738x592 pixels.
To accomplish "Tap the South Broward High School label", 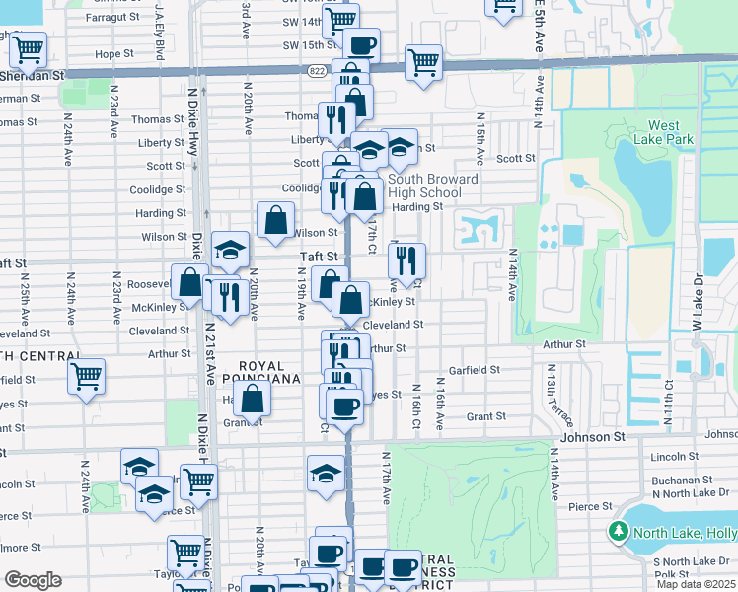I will [433, 185].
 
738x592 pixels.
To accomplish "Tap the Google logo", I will [32, 580].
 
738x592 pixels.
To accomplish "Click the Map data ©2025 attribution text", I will [697, 584].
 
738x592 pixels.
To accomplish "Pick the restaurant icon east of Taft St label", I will [406, 260].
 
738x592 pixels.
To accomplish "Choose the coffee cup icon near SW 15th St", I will [360, 44].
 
